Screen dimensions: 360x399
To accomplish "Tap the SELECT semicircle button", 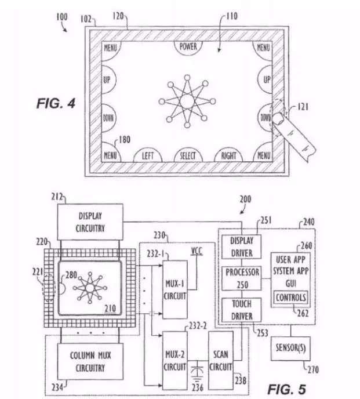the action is [x=188, y=155].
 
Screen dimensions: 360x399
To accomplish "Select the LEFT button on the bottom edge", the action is [x=148, y=155].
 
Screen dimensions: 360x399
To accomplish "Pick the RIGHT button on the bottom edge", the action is [x=228, y=155].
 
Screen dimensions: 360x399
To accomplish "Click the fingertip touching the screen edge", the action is [x=279, y=118].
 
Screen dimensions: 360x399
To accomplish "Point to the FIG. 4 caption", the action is [x=56, y=103].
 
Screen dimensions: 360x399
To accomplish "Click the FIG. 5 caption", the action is [x=287, y=389].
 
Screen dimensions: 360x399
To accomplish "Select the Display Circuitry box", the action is [x=90, y=222].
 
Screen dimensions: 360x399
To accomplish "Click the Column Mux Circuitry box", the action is [x=90, y=361].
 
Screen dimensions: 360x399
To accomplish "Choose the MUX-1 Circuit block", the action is [x=175, y=289].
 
